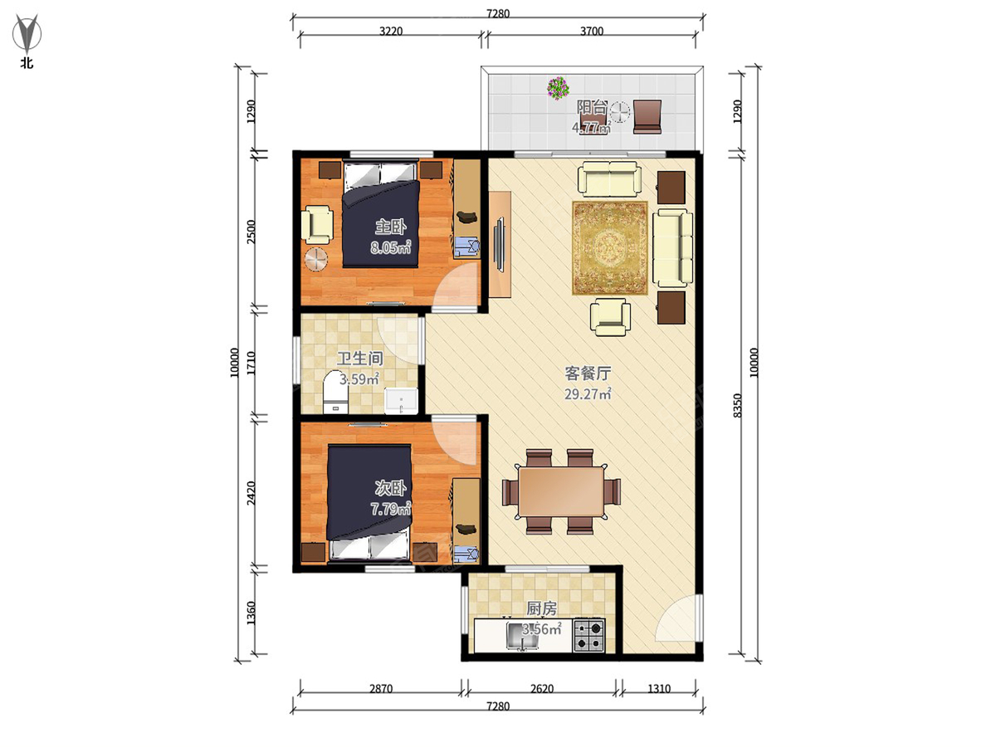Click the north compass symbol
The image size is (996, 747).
click(x=27, y=33)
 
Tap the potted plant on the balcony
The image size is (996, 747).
click(x=558, y=88)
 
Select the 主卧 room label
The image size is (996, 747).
click(x=390, y=227)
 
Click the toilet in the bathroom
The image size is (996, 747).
click(x=335, y=393)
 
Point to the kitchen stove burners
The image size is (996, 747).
click(x=589, y=636)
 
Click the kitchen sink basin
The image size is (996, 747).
click(x=522, y=637)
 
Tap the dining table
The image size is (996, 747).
click(x=561, y=492)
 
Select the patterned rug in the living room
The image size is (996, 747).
click(x=610, y=248)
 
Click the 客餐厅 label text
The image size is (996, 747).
click(x=588, y=373)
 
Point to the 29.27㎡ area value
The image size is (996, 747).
click(x=588, y=393)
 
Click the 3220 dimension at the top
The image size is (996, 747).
click(x=391, y=32)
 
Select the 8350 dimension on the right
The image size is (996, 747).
click(x=738, y=406)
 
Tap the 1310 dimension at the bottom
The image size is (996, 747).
click(x=659, y=689)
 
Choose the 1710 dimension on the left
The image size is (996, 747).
click(x=251, y=363)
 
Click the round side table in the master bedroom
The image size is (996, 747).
click(x=316, y=260)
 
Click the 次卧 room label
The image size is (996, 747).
click(x=390, y=489)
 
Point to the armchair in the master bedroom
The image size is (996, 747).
click(x=317, y=224)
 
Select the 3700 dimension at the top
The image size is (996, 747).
click(x=592, y=32)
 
